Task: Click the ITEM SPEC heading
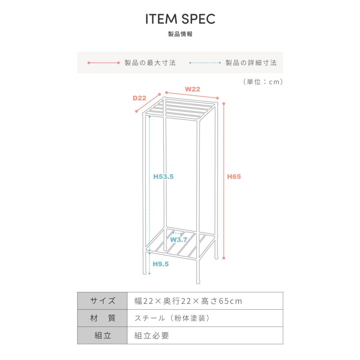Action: click(180, 19)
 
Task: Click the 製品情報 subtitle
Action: click(180, 34)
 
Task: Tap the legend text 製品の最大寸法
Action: click(150, 63)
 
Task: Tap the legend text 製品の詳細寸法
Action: click(251, 63)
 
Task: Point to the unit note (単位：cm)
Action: click(263, 82)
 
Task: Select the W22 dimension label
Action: click(193, 89)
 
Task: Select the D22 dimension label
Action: click(139, 98)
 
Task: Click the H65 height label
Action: click(234, 176)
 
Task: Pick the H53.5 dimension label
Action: click(164, 176)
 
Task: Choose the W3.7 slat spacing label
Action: click(179, 240)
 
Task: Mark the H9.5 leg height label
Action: click(161, 264)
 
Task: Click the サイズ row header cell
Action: click(102, 301)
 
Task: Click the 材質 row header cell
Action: click(102, 318)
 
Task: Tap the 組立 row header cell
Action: click(102, 336)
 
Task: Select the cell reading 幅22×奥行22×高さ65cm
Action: click(205, 301)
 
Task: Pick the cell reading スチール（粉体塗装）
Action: click(205, 318)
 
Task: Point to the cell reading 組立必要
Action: click(205, 336)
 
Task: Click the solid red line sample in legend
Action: click(104, 63)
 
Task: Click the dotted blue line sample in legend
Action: click(205, 63)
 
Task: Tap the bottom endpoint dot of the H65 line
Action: click(224, 258)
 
